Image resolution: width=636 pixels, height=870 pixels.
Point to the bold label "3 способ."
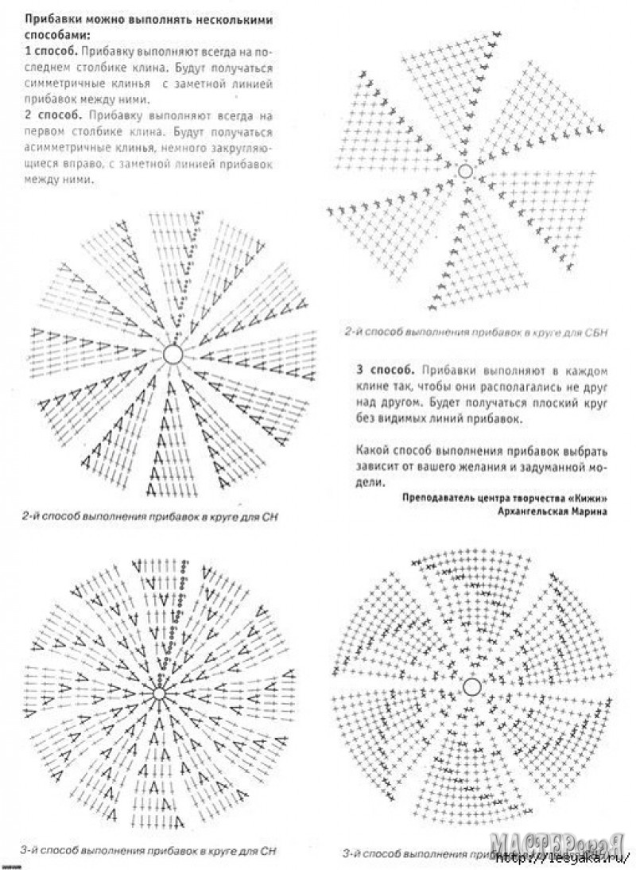[386, 371]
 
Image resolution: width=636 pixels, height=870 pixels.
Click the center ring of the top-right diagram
[465, 171]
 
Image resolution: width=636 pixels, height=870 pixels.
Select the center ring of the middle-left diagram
[173, 354]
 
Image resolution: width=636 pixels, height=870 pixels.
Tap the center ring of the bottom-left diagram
[159, 693]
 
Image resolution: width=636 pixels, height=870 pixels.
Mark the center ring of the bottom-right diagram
[471, 686]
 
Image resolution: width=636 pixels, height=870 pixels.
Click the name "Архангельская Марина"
[551, 512]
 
